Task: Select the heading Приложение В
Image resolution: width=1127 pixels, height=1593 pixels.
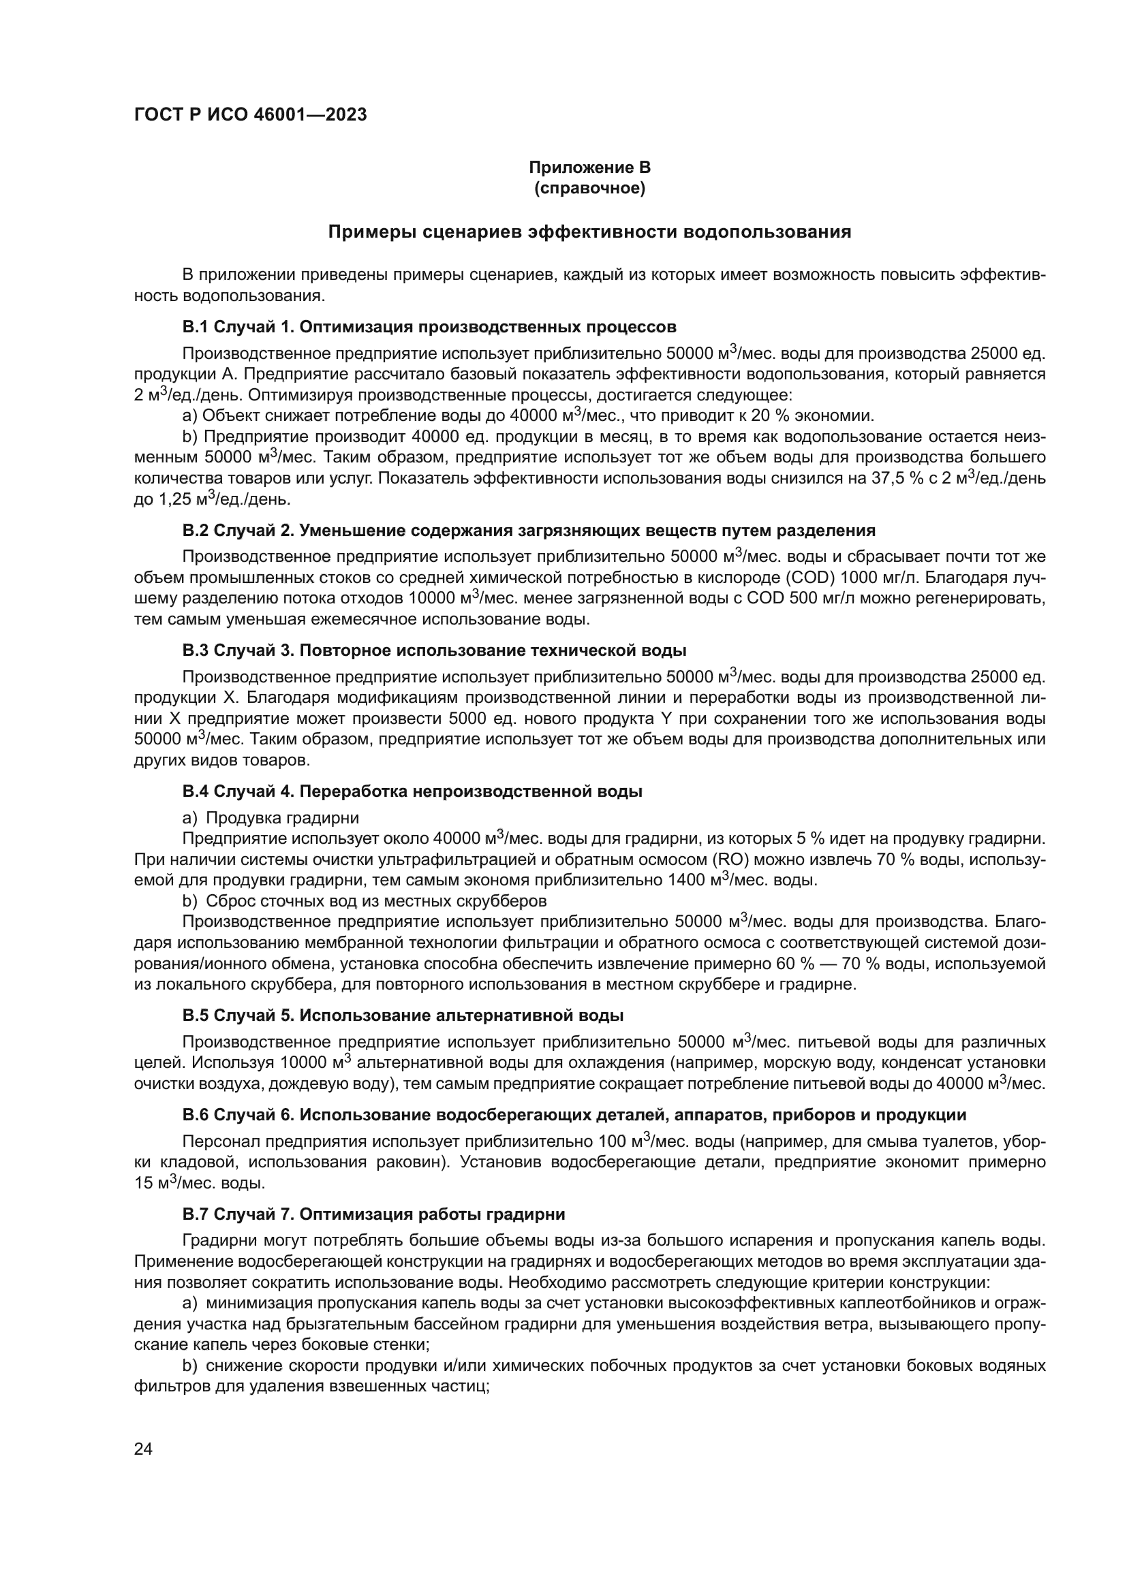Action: pos(589,168)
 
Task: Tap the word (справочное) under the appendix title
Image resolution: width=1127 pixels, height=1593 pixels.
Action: pos(589,189)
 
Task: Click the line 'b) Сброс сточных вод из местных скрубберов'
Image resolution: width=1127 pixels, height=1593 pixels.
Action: pos(365,901)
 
